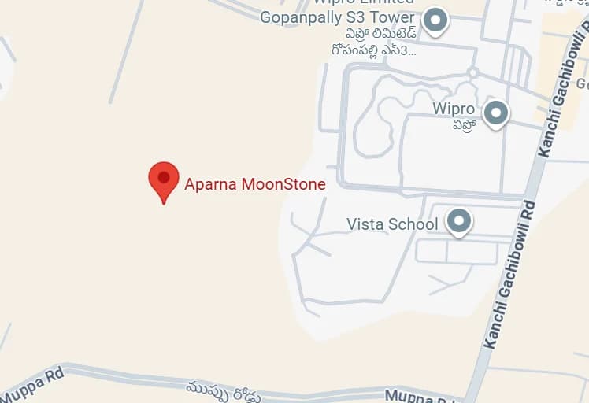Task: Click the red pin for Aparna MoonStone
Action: (164, 180)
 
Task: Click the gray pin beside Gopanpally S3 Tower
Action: (435, 20)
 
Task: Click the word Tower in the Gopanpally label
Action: (392, 17)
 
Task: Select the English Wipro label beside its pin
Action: (454, 109)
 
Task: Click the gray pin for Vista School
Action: (459, 221)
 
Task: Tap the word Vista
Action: (369, 224)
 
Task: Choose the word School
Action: (416, 224)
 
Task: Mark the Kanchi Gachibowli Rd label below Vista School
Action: (510, 275)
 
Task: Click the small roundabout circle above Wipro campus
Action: (472, 72)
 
